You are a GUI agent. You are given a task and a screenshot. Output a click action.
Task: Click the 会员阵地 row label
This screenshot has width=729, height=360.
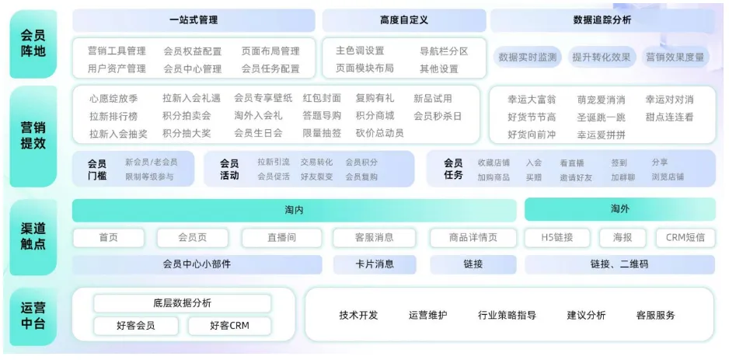tap(34, 44)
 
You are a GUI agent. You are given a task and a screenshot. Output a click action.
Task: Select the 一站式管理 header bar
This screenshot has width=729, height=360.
tap(194, 20)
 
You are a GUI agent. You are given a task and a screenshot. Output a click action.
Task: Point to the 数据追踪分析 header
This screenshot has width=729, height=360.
tap(602, 20)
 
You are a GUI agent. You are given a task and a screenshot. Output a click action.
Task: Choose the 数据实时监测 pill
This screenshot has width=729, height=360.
tap(528, 57)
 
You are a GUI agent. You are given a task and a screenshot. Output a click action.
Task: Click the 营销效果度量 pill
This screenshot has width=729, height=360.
tap(675, 57)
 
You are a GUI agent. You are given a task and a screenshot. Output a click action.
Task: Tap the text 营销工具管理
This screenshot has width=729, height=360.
tap(117, 51)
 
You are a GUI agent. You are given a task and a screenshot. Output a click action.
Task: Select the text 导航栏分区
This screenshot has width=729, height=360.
tap(444, 51)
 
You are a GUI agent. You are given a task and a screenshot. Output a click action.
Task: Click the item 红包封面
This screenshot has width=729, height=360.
tap(322, 99)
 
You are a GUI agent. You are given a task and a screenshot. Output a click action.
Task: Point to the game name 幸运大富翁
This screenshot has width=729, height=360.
tap(532, 100)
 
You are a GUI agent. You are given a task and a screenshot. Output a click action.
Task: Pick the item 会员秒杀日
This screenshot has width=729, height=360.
tap(438, 116)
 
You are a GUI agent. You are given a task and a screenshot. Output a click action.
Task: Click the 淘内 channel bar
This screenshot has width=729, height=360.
tap(294, 210)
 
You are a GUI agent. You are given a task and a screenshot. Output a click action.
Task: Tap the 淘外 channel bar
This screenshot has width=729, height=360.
tap(619, 209)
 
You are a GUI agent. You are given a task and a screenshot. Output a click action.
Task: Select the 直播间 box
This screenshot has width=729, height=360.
tap(281, 237)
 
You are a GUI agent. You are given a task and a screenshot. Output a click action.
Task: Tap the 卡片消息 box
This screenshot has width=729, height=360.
tap(375, 264)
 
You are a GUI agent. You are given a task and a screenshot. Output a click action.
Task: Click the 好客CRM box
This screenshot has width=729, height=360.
tap(229, 326)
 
